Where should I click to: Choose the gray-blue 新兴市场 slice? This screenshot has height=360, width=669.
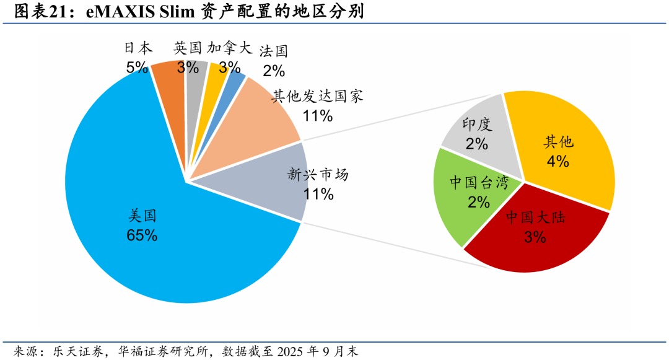(x=265, y=182)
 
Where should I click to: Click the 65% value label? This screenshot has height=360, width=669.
(x=142, y=235)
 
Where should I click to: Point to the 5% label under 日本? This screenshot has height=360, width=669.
(x=137, y=68)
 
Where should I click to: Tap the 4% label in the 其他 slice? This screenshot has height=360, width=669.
(x=557, y=161)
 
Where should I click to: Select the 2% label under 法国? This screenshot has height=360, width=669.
(x=274, y=71)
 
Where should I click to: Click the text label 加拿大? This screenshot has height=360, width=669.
(x=230, y=48)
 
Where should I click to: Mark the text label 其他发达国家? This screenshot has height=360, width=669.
(x=318, y=96)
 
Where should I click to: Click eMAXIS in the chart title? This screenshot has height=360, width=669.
(x=120, y=12)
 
